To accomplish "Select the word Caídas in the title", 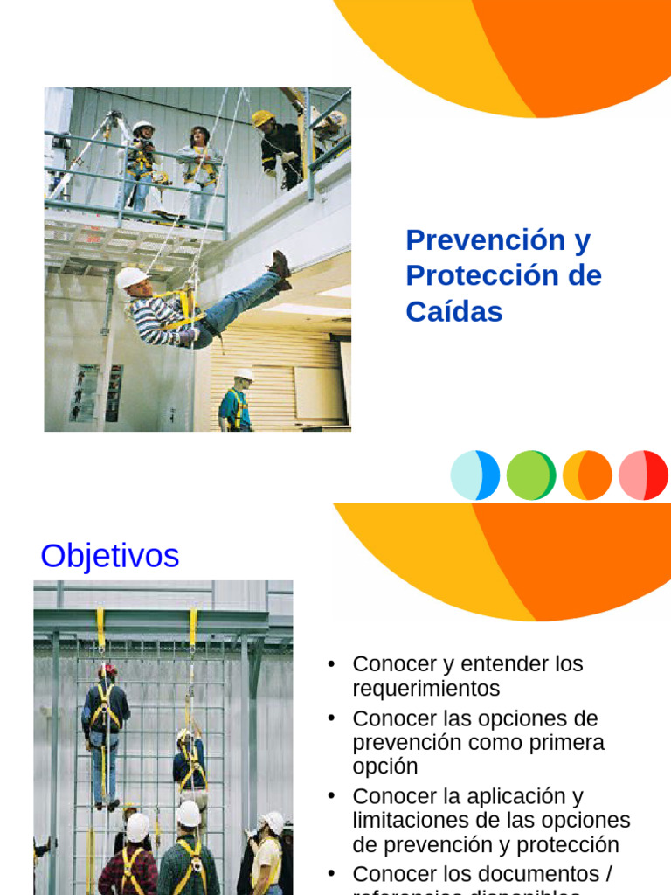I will click(454, 311).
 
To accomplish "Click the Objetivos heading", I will click(110, 556).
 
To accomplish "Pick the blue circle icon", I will click(475, 475).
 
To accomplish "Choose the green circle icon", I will click(531, 475).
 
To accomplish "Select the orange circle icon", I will click(587, 475).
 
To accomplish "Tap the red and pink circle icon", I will click(643, 475).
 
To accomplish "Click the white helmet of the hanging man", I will click(131, 277).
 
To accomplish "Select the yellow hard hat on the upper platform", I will click(262, 117).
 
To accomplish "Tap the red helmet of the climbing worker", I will click(107, 670).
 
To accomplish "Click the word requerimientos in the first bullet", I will click(426, 689).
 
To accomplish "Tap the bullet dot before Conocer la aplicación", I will click(331, 795).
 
